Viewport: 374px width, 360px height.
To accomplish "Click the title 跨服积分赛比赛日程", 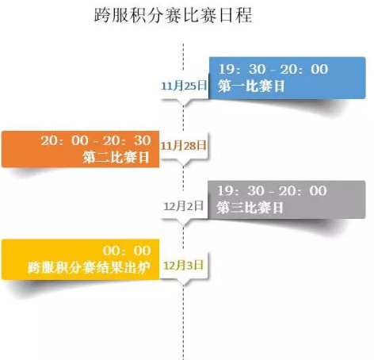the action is (174, 15).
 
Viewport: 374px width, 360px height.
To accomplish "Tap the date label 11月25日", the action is (184, 86).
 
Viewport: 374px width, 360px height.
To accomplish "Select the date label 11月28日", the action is (183, 145).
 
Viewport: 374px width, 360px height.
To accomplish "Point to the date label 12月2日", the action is (184, 206).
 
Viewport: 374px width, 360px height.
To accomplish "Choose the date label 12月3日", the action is (184, 265).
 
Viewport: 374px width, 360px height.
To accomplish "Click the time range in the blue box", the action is (273, 69).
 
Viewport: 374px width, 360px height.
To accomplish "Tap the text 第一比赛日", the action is (251, 86).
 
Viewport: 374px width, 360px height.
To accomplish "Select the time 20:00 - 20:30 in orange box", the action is (96, 140).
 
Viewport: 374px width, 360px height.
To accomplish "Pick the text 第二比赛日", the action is (116, 157).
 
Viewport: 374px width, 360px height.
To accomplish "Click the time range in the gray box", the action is (272, 191).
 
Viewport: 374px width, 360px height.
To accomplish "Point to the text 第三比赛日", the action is (250, 208).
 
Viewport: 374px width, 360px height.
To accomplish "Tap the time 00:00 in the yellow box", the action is (127, 251).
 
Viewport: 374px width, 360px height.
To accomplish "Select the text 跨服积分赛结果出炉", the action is (90, 267).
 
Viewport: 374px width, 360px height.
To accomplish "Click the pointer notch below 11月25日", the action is (183, 103).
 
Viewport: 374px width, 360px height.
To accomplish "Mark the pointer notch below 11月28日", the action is (183, 163).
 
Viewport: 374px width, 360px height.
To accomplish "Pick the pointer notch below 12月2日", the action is (183, 223).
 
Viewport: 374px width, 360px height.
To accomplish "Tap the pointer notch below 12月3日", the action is (183, 282).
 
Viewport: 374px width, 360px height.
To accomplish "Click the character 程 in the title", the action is (244, 15).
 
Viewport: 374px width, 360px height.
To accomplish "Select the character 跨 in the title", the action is (102, 15).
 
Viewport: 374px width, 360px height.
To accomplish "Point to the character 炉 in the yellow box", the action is (144, 267).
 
